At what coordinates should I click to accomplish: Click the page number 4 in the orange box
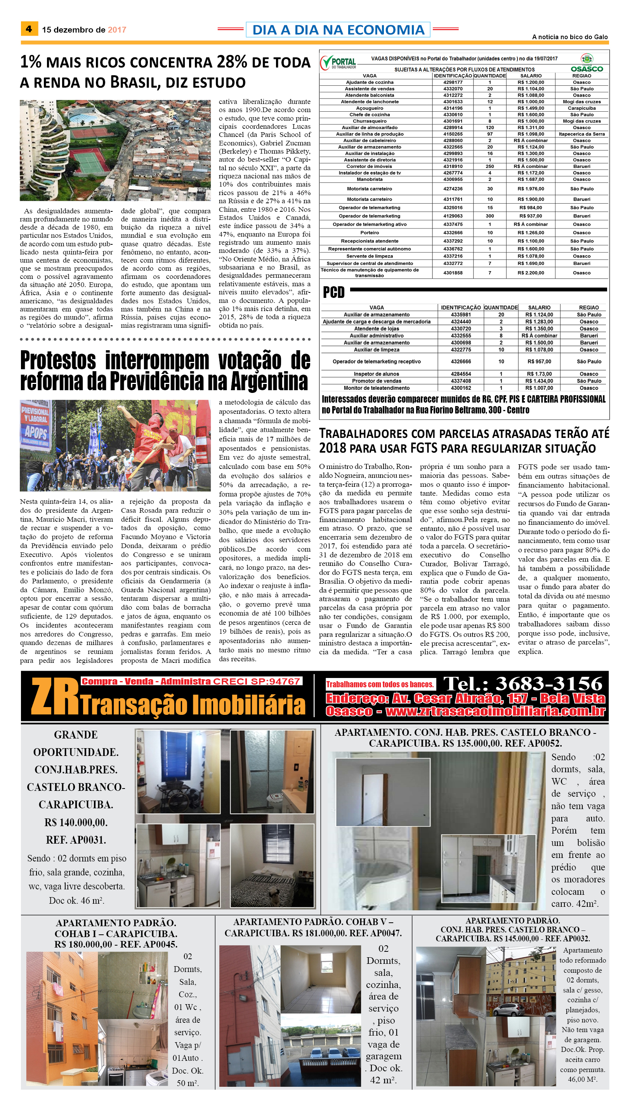[x=29, y=29]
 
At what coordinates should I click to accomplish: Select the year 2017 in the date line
[x=117, y=30]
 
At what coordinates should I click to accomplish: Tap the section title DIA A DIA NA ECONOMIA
[x=338, y=30]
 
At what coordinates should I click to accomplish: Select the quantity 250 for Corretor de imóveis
[x=489, y=166]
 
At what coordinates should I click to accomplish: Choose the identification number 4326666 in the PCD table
[x=460, y=361]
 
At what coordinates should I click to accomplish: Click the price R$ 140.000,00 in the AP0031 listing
[x=76, y=822]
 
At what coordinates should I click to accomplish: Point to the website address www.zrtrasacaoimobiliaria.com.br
[x=495, y=711]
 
